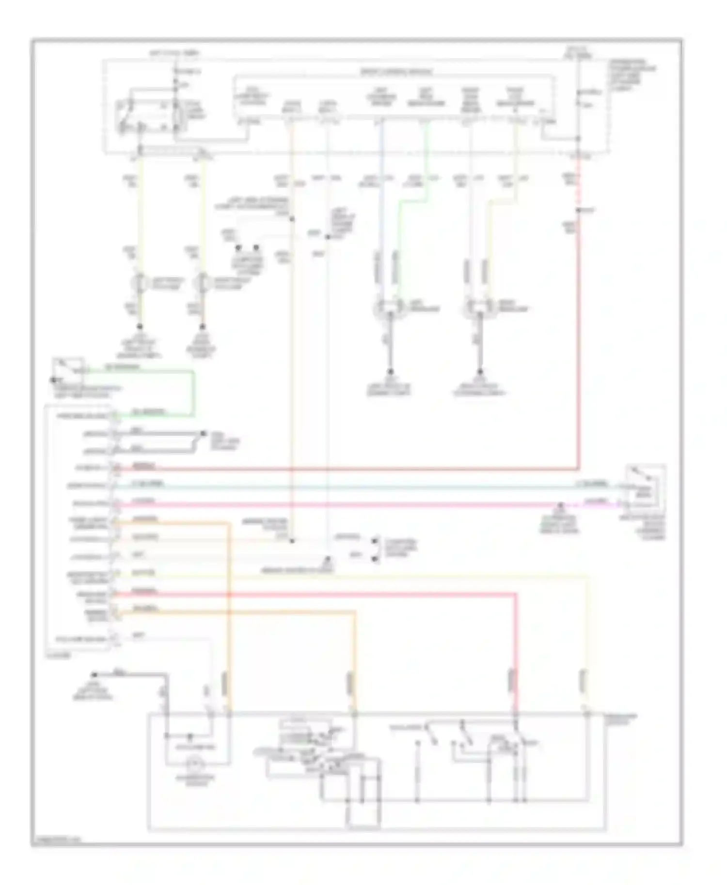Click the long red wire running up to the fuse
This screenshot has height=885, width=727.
pyautogui.click(x=578, y=339)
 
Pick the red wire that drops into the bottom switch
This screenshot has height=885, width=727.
pyautogui.click(x=515, y=654)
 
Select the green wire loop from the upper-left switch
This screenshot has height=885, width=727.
pyautogui.click(x=193, y=392)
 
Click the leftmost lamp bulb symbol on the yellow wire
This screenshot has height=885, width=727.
pyautogui.click(x=141, y=283)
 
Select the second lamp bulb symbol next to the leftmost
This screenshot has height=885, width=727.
pyautogui.click(x=203, y=283)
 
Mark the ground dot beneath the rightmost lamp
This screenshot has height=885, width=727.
pyautogui.click(x=480, y=372)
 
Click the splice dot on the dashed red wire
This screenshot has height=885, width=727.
pyautogui.click(x=578, y=210)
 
